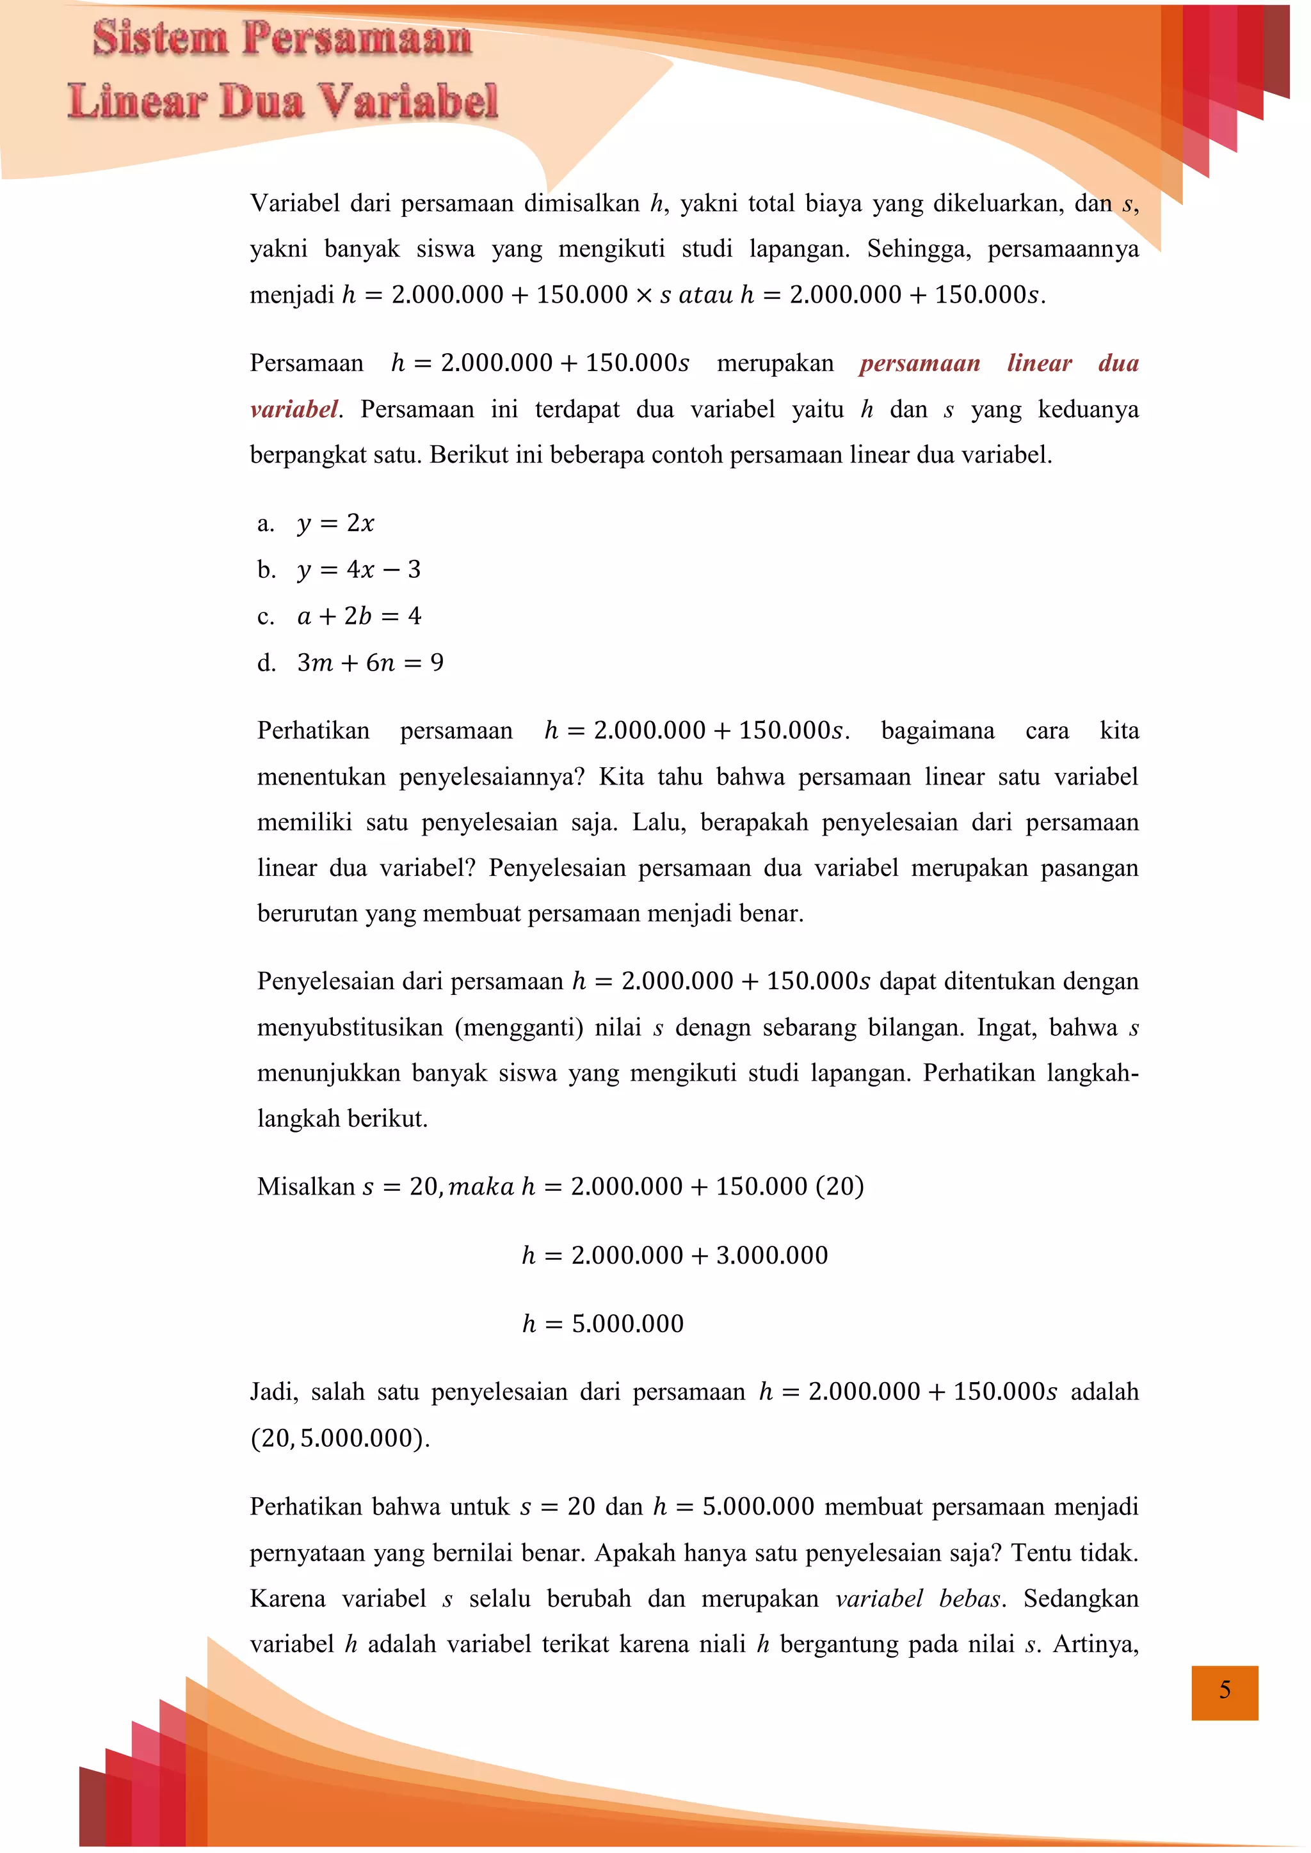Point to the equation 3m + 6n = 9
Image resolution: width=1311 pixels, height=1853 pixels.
point(371,663)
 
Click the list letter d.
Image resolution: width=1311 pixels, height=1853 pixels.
point(266,663)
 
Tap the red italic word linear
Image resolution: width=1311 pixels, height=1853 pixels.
point(1039,363)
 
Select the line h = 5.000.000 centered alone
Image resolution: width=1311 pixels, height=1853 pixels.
point(602,1324)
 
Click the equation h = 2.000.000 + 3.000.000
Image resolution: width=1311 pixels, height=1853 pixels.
point(675,1255)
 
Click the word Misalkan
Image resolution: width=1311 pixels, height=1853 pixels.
point(306,1186)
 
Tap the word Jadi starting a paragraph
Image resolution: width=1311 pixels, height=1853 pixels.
point(274,1392)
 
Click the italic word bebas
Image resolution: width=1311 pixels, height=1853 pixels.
point(971,1599)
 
